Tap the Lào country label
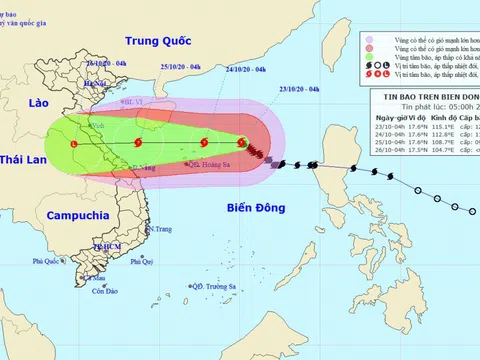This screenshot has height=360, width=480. (39, 103)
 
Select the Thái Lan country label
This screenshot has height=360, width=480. (23, 160)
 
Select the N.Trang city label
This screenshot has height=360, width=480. (157, 229)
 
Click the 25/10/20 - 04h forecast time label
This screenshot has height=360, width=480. (181, 66)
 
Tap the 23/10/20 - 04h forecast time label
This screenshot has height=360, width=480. (300, 89)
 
